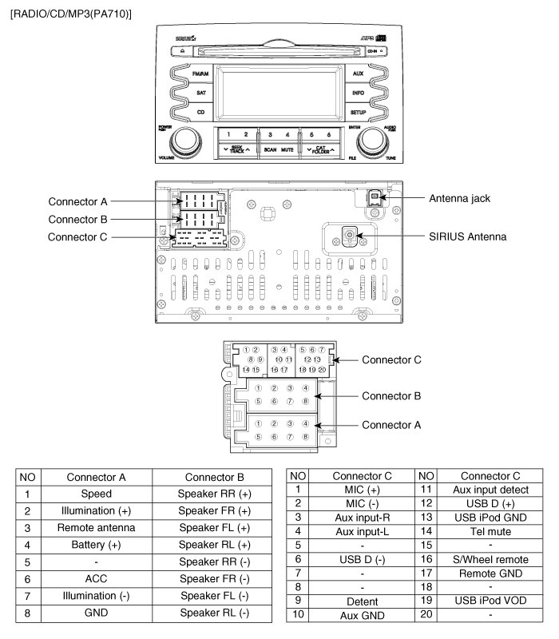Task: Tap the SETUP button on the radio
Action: click(357, 113)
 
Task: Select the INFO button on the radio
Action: click(357, 93)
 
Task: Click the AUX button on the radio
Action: click(357, 73)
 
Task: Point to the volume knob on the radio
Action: click(186, 141)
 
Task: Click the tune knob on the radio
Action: click(371, 141)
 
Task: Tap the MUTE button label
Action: click(287, 150)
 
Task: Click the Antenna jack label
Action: click(458, 198)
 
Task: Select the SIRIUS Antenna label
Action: click(467, 236)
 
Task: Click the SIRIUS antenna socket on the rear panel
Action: click(349, 236)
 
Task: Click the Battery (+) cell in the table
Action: click(97, 546)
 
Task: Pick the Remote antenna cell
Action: click(97, 528)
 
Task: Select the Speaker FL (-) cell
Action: click(215, 596)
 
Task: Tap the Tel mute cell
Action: click(490, 530)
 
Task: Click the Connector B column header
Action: click(215, 477)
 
